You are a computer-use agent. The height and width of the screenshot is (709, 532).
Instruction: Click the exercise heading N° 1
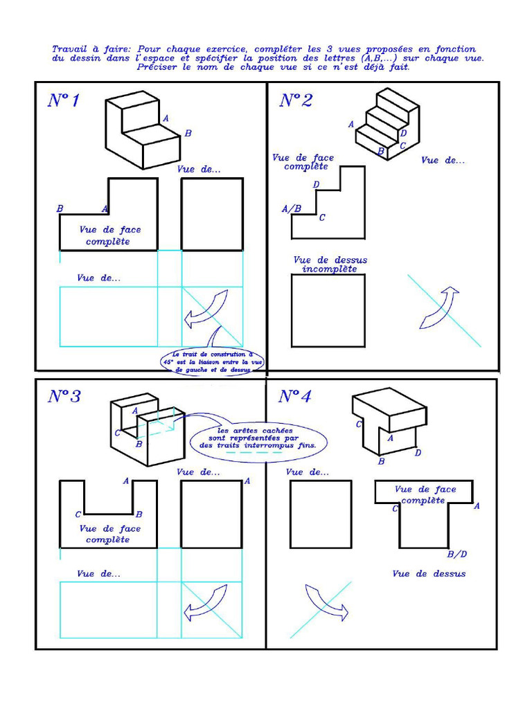point(63,100)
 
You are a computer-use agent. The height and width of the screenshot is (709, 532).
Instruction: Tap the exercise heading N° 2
point(296,100)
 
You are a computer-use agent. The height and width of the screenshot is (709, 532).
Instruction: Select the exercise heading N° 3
point(64,397)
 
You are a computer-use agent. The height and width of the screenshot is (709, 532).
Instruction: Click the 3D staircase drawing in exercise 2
point(387,125)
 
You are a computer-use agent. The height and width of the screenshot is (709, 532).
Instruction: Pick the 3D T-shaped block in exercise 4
point(389,422)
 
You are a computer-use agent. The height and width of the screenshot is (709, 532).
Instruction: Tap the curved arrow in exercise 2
point(438,307)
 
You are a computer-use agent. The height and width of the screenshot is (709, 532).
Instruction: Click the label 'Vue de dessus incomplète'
point(330,264)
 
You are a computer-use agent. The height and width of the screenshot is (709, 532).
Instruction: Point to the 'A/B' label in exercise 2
point(292,208)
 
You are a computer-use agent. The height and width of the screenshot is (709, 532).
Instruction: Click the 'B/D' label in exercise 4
point(457,554)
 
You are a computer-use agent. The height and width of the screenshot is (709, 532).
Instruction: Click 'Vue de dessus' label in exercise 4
point(429,573)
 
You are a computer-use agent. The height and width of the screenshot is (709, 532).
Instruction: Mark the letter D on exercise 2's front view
point(316,185)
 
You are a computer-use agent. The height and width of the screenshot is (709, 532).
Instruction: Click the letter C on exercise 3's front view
point(78,514)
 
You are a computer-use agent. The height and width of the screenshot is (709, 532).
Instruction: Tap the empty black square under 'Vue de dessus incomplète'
point(328,310)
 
